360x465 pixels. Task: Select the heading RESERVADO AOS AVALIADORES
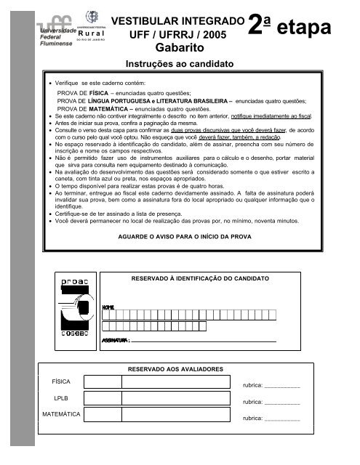(x=175, y=370)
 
